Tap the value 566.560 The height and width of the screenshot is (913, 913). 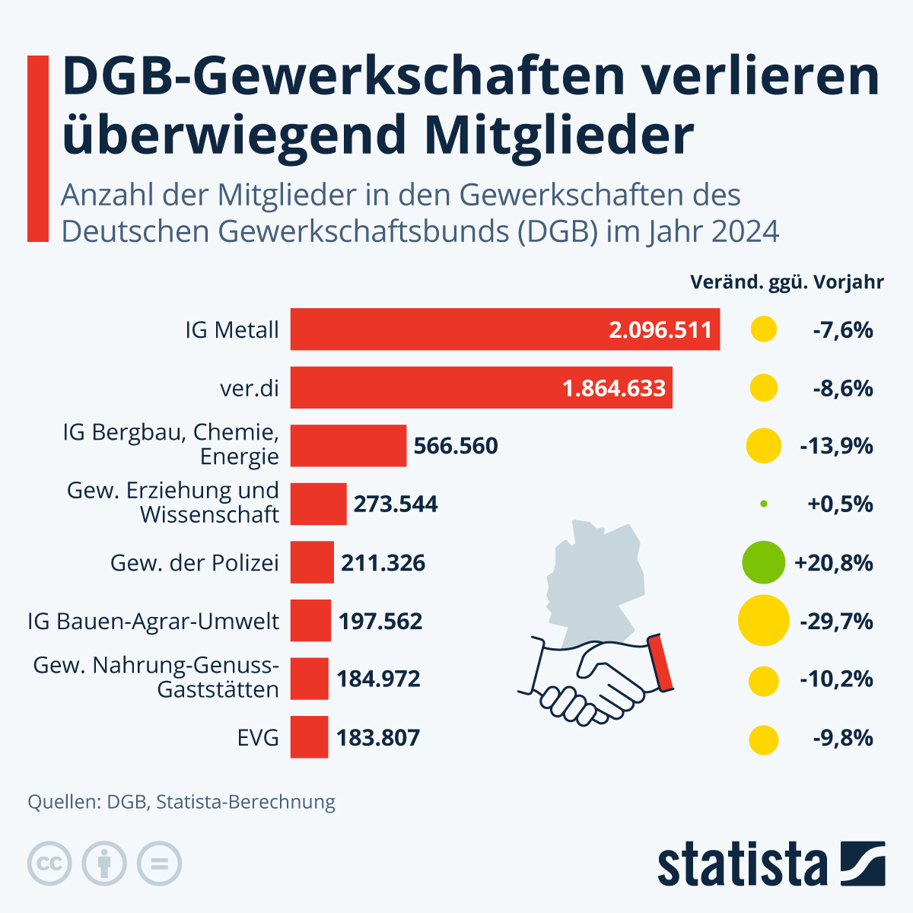click(456, 446)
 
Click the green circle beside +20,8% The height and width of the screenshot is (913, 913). click(763, 563)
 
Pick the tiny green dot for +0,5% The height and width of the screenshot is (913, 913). click(763, 504)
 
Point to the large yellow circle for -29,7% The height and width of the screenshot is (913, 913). click(763, 621)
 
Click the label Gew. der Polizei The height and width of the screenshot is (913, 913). click(195, 563)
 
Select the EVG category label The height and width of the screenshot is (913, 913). click(258, 737)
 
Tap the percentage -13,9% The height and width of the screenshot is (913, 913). click(836, 446)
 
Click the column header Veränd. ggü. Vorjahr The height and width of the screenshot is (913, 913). click(787, 282)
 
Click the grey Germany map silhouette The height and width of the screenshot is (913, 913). click(593, 578)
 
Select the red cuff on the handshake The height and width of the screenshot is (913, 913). click(660, 662)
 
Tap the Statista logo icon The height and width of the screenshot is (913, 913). click(863, 864)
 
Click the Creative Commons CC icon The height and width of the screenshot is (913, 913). click(49, 864)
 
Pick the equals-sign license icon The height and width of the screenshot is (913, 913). click(159, 864)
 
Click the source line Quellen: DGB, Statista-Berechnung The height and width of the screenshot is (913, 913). click(181, 802)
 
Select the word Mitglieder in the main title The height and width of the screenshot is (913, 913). click(559, 135)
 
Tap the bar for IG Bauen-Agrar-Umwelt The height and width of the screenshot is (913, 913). click(310, 621)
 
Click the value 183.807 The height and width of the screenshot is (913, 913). click(378, 737)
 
